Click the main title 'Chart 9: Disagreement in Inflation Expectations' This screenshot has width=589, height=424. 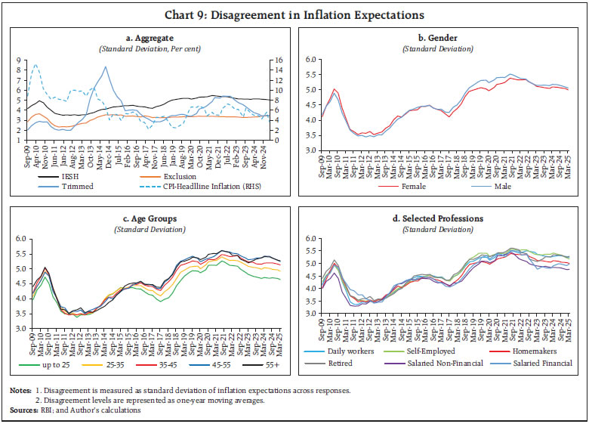294,14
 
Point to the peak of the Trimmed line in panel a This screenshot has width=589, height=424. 105,67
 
